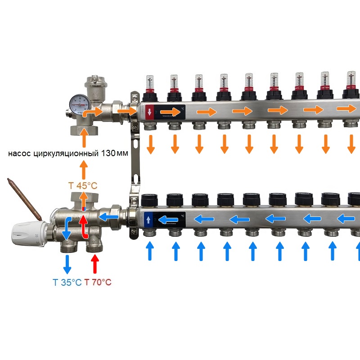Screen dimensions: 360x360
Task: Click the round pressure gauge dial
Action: point(79,104)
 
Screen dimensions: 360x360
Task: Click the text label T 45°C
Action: point(82,185)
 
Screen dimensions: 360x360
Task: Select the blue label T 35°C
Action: point(67,283)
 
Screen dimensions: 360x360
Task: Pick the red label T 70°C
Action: point(98,283)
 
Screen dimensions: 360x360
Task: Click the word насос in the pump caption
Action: point(21,153)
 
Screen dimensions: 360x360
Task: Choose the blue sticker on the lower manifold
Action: point(149,220)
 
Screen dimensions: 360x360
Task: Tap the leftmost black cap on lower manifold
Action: point(148,199)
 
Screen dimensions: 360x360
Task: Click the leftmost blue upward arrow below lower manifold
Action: point(150,251)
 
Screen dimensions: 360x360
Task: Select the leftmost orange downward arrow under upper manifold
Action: point(151,144)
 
